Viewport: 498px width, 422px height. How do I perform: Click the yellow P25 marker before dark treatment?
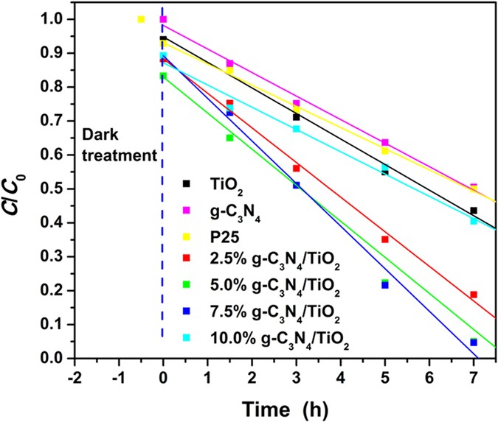[141, 19]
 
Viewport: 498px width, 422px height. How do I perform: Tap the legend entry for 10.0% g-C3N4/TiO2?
[276, 338]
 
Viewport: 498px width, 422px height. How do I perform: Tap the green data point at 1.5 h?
[229, 138]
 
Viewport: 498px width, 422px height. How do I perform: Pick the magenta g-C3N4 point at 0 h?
[163, 19]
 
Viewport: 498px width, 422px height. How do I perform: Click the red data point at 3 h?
[296, 169]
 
